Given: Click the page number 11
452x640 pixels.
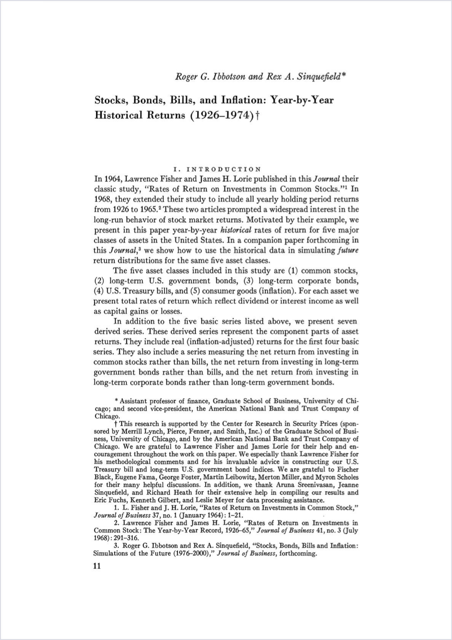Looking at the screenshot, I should pyautogui.click(x=97, y=566).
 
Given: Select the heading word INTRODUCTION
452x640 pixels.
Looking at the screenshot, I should pyautogui.click(x=223, y=169).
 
